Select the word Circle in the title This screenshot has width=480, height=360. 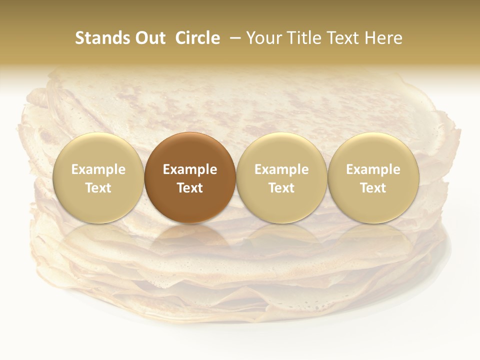coord(197,38)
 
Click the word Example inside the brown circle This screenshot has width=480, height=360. coord(190,169)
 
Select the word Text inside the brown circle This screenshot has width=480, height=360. coord(190,188)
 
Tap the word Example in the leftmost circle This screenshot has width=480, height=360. coord(98,169)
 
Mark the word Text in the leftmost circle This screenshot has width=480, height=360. coord(98,188)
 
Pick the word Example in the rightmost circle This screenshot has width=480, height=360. coord(373,169)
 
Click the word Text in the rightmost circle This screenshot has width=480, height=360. coord(373,188)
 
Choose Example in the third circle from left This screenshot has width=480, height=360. coord(281,169)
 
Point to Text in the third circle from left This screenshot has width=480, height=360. coord(281,188)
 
